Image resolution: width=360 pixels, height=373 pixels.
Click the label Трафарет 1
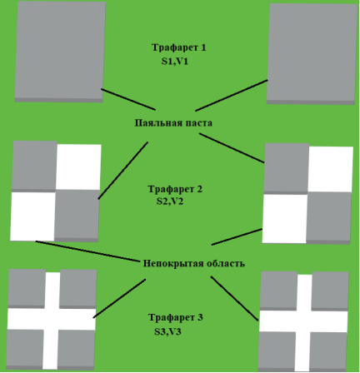click(x=179, y=47)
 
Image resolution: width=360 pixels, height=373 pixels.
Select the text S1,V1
click(x=175, y=62)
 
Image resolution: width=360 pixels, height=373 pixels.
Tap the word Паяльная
click(x=158, y=123)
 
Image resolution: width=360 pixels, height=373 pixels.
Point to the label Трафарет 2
click(x=175, y=189)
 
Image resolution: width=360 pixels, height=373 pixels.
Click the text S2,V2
click(x=170, y=201)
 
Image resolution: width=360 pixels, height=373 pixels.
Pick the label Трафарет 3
click(x=176, y=317)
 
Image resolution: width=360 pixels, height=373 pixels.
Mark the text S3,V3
click(x=167, y=331)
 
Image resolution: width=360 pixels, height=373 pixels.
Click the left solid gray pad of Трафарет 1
click(x=60, y=52)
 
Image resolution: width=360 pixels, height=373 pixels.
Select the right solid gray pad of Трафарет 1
click(x=312, y=54)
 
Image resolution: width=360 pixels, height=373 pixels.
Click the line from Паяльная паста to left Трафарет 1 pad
click(x=128, y=99)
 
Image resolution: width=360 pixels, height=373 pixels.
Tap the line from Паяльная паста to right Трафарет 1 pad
click(x=232, y=96)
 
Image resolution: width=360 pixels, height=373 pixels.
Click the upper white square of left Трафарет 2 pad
click(x=78, y=167)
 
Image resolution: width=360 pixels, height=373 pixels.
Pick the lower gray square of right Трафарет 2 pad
click(x=329, y=218)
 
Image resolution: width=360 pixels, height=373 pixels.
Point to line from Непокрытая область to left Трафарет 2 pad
click(x=87, y=251)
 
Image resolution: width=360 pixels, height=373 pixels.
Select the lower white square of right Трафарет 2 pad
click(x=285, y=219)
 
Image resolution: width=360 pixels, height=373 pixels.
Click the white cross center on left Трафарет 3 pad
click(x=52, y=319)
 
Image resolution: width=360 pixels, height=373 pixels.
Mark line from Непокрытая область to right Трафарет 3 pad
click(x=235, y=299)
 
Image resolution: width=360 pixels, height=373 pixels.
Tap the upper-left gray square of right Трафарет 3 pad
click(x=278, y=291)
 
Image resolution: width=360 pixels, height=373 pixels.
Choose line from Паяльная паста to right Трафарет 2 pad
click(x=232, y=148)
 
